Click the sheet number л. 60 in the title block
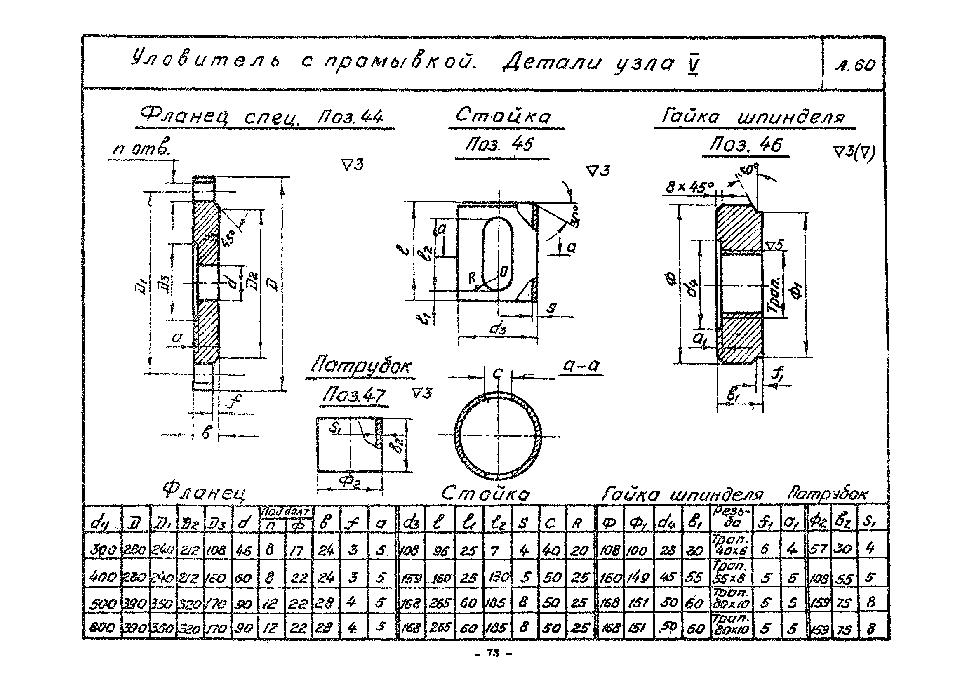tap(854, 64)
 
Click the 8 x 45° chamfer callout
tap(690, 187)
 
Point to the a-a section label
tap(581, 366)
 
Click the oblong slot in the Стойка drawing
tap(498, 254)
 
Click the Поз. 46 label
tap(746, 146)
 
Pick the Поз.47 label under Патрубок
tap(353, 395)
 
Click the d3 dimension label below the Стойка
tap(498, 329)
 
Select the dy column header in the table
tap(100, 523)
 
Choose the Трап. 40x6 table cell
tap(732, 546)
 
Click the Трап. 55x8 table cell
tap(731, 572)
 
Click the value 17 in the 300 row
tap(296, 550)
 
